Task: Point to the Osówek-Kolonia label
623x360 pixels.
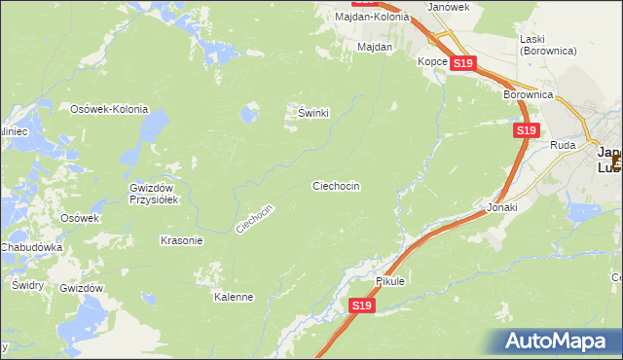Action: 108,108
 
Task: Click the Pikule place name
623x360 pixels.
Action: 389,281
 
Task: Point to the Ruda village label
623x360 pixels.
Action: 563,145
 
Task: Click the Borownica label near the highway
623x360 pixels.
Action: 529,94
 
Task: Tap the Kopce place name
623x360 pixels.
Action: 432,61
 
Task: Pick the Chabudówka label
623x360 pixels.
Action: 32,247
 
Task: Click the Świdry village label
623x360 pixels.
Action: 27,285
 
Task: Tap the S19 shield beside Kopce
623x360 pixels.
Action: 463,63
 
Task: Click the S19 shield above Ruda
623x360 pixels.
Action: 526,129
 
